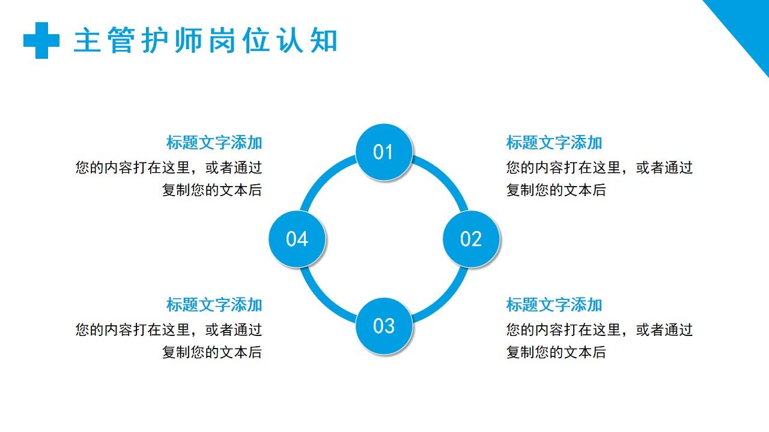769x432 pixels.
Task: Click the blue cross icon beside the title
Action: click(x=41, y=40)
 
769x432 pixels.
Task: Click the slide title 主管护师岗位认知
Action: click(x=205, y=41)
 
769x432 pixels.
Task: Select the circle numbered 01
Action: click(x=383, y=152)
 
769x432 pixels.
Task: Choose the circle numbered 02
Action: click(x=471, y=239)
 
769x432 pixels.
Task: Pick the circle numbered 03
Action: click(x=383, y=326)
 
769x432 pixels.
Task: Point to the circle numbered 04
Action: click(x=297, y=239)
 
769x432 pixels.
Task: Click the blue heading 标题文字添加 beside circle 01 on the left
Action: click(x=214, y=143)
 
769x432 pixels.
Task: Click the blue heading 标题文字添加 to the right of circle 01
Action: click(x=554, y=143)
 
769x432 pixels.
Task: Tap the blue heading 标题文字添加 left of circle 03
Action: click(x=214, y=305)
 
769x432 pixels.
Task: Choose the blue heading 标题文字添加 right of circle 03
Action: click(x=554, y=305)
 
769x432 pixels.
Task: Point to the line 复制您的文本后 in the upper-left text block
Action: click(x=212, y=190)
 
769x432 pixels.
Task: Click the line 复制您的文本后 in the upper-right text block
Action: click(x=556, y=190)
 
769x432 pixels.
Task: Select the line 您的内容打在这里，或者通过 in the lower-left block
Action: click(x=169, y=329)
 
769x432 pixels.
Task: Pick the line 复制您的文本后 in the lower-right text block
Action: click(x=556, y=352)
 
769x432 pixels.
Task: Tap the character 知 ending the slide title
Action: click(x=324, y=41)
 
